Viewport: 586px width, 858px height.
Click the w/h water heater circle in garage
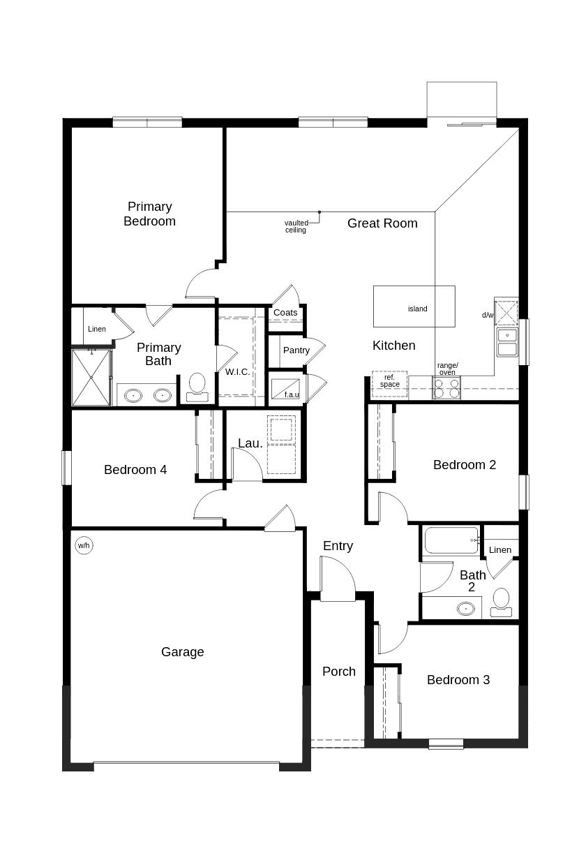[x=84, y=545]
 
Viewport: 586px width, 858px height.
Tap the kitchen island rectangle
[x=414, y=306]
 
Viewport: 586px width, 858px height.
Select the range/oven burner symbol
[x=446, y=388]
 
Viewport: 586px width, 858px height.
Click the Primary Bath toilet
[x=197, y=386]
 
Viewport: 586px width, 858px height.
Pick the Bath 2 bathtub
[x=451, y=540]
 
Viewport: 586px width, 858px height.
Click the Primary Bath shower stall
[x=91, y=377]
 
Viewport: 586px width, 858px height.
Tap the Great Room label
[x=382, y=223]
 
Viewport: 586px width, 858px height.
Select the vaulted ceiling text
[x=296, y=226]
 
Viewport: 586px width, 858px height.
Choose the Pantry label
[x=296, y=350]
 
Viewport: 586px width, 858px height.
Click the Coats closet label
[x=285, y=313]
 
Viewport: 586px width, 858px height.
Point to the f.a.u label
[x=291, y=394]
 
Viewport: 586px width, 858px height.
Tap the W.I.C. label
[x=237, y=372]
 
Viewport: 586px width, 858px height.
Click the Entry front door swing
[x=338, y=579]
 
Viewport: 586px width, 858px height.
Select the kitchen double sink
[x=507, y=342]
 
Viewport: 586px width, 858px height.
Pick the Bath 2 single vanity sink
[x=465, y=608]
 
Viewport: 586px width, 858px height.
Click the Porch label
[x=339, y=672]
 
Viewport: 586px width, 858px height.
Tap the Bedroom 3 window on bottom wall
[x=446, y=744]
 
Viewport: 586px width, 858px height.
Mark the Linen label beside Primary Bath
[x=97, y=330]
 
